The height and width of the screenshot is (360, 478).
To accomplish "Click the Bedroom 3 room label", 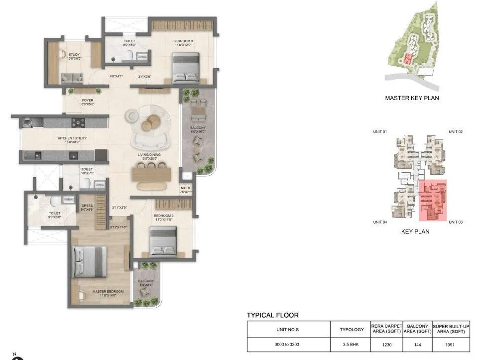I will [x=184, y=41].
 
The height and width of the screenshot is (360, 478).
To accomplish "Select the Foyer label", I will [x=88, y=100].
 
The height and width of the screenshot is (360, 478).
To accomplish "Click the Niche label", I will [x=186, y=188].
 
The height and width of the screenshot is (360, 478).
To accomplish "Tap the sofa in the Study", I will [x=72, y=78].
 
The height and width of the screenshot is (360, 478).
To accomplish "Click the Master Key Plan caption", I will [x=412, y=98].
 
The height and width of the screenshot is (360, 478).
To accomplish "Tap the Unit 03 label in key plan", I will [x=455, y=222].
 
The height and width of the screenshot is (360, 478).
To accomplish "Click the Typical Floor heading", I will [x=272, y=315].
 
